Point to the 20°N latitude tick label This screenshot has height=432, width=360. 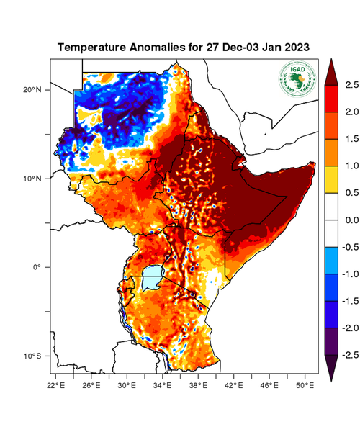(33, 90)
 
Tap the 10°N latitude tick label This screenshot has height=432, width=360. (33, 179)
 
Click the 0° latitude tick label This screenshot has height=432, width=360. (37, 267)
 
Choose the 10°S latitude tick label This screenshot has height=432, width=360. (33, 356)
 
